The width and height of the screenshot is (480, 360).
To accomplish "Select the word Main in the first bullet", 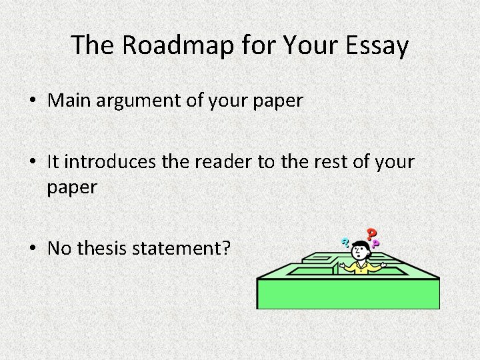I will click(68, 102).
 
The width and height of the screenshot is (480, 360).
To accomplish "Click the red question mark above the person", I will click(371, 234).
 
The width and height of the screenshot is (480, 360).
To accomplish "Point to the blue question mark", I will click(346, 243).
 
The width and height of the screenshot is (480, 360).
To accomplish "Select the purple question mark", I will click(376, 245).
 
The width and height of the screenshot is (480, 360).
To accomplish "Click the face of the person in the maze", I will click(360, 253).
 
